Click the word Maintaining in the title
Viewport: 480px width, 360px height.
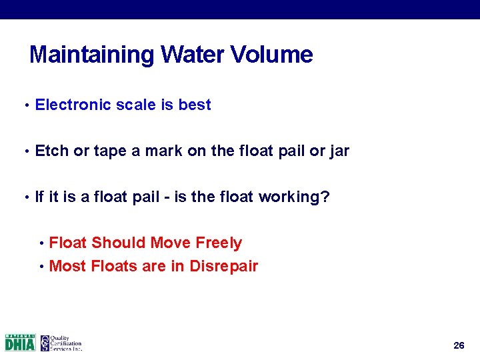[91, 55]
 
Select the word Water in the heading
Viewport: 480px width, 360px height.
[192, 55]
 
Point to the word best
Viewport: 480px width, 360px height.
[195, 105]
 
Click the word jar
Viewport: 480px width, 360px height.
[339, 151]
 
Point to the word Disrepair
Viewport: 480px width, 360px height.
[223, 267]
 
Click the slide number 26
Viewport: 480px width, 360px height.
[459, 345]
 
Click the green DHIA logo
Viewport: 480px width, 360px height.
[20, 343]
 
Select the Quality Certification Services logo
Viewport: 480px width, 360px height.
[61, 343]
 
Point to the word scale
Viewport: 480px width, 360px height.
[137, 105]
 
